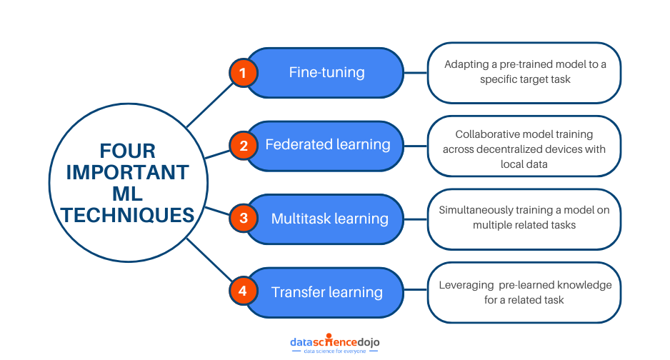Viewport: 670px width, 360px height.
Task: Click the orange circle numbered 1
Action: (x=243, y=72)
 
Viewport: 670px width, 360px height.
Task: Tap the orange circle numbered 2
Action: (x=243, y=146)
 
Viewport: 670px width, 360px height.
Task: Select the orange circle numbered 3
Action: (x=243, y=218)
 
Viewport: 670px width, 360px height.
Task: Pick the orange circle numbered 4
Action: (x=243, y=291)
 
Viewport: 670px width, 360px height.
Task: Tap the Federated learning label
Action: (x=327, y=145)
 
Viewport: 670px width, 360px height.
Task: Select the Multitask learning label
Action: (x=329, y=219)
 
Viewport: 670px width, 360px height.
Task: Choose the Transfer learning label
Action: (x=327, y=292)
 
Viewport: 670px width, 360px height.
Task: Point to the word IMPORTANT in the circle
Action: (x=127, y=173)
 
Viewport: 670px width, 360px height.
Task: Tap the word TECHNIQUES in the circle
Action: (x=127, y=214)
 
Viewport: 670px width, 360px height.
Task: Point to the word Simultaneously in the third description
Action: (x=474, y=210)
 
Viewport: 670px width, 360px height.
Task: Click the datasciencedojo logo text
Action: (x=334, y=342)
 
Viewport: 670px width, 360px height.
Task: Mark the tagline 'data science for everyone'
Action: (x=334, y=351)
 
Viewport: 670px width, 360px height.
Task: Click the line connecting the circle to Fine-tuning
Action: (x=210, y=104)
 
